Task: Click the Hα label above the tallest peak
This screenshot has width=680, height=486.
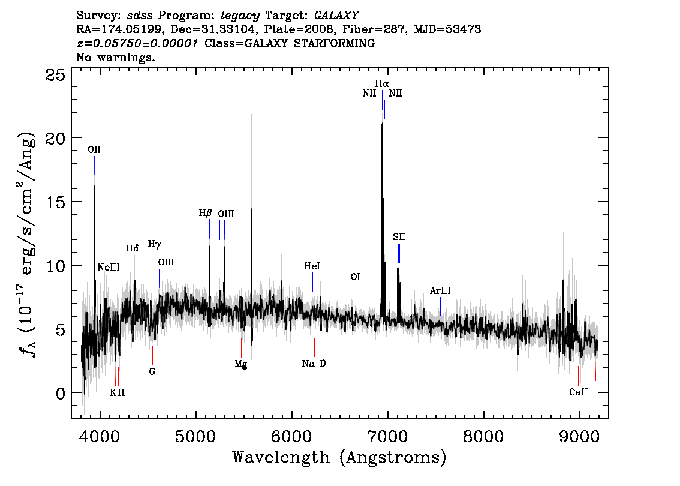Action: click(381, 83)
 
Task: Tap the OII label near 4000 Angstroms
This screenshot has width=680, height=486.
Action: click(94, 150)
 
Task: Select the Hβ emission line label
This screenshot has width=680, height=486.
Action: click(205, 213)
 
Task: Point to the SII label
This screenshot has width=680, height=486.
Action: click(399, 237)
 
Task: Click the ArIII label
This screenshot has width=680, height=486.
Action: click(440, 291)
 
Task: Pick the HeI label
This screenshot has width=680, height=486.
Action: click(312, 266)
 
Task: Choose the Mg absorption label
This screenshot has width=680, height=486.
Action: click(241, 365)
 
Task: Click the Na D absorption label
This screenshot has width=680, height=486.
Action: click(314, 364)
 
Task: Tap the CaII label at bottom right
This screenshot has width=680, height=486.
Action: click(579, 392)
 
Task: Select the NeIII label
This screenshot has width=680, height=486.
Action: click(109, 268)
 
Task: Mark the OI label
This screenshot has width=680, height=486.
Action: click(355, 277)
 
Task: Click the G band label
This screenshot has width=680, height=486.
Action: click(152, 372)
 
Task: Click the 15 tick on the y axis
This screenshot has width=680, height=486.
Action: click(74, 202)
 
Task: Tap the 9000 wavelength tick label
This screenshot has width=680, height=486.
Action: click(579, 436)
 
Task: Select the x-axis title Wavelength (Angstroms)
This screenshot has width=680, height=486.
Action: click(339, 457)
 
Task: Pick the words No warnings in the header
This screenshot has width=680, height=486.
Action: click(115, 57)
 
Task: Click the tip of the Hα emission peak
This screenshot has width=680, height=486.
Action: click(382, 123)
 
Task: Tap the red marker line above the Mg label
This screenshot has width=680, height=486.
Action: click(241, 347)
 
